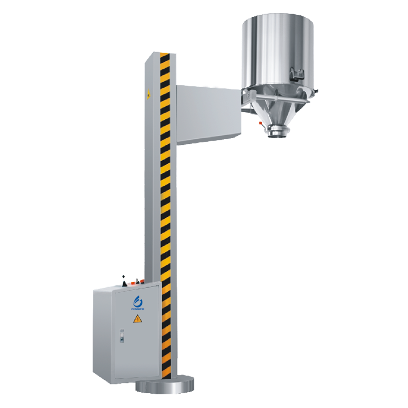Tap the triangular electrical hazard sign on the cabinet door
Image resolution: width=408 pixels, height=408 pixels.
137,319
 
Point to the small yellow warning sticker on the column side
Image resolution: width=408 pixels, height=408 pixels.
149,94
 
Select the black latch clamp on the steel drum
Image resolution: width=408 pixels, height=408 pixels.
295,74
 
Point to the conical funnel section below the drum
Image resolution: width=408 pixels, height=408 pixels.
276,112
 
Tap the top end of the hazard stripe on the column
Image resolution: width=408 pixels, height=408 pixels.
164,55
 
